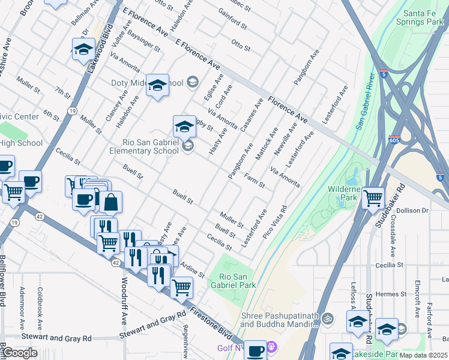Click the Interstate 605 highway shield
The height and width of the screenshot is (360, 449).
tap(394, 139)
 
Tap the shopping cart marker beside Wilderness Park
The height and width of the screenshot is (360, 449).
tap(373, 197)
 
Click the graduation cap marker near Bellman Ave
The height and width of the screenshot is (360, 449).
tap(83, 49)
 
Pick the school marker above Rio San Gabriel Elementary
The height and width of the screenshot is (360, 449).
tap(184, 126)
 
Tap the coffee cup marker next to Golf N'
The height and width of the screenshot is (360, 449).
tap(256, 350)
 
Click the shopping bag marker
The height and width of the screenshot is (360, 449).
tap(111, 203)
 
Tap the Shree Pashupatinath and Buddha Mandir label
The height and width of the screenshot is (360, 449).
tap(279, 320)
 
